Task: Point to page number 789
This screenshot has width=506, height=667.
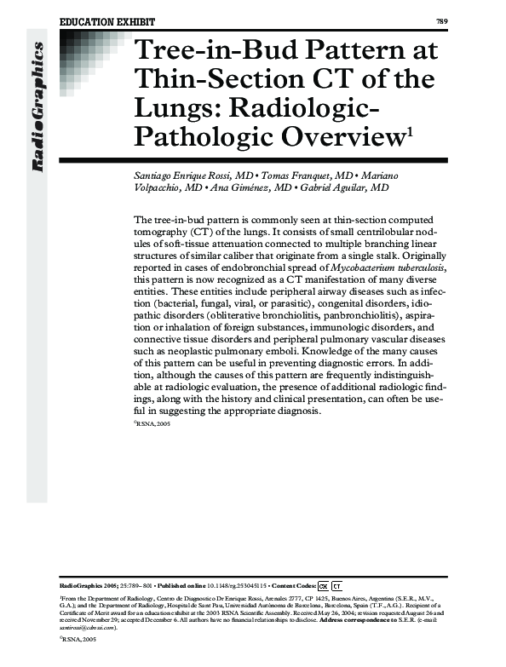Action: [441, 20]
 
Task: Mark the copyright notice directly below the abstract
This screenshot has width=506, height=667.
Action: [154, 423]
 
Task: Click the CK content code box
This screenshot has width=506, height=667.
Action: [323, 586]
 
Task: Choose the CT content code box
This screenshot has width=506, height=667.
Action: [336, 586]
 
